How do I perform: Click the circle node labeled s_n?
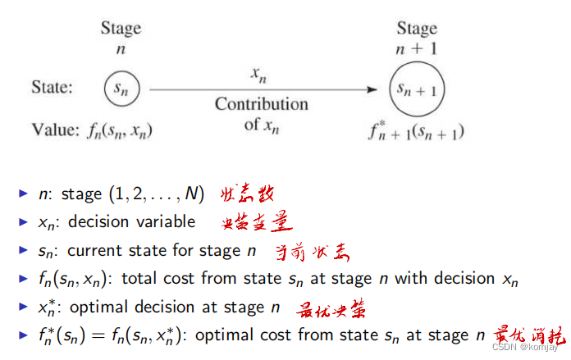(121, 87)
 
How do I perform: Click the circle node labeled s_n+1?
(417, 89)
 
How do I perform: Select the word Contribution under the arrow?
(262, 104)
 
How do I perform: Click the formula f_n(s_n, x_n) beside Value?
(118, 129)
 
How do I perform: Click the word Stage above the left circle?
(121, 28)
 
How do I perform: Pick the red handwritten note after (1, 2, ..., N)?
(245, 194)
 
